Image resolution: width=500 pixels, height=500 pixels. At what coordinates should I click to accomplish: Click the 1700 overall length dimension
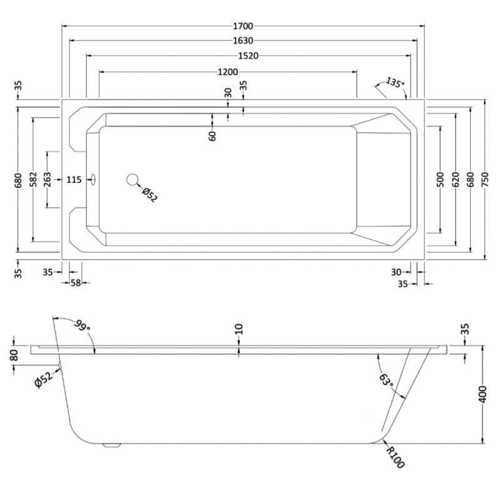243,26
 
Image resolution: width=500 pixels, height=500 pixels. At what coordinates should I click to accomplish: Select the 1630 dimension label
243,41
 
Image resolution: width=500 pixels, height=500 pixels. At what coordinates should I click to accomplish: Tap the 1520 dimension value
248,56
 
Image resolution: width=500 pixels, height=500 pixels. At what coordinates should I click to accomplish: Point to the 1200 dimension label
227,72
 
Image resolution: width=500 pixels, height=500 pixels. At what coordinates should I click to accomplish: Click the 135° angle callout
395,82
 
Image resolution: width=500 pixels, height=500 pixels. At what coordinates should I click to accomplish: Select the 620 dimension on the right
456,179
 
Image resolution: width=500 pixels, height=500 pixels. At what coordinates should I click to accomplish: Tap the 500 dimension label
441,179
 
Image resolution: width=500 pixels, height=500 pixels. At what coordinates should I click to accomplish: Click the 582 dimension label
33,179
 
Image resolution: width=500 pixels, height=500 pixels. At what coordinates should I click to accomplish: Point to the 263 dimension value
47,179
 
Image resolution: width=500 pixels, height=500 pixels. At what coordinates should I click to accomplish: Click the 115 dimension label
74,180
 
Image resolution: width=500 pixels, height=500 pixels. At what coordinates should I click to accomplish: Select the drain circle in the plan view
132,179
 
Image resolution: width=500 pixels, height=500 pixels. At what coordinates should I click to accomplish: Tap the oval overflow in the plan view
93,179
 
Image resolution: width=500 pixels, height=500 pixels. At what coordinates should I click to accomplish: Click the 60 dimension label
212,136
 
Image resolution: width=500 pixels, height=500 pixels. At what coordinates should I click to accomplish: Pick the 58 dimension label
76,282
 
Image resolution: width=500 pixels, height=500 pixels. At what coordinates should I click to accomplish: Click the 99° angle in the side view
82,325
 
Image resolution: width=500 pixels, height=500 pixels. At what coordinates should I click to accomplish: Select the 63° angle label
386,380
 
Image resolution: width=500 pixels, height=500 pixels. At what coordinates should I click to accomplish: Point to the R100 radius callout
396,457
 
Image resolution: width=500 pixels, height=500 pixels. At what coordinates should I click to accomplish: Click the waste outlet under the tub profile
111,446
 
